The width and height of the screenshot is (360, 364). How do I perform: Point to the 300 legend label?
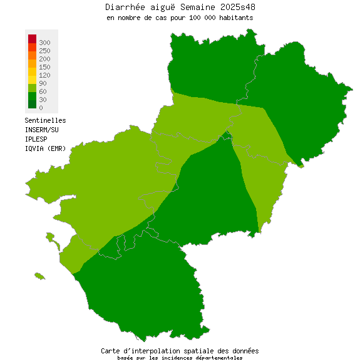click(x=44, y=42)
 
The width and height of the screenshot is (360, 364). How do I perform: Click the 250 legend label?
click(x=44, y=50)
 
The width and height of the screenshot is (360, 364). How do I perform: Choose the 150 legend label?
click(x=44, y=66)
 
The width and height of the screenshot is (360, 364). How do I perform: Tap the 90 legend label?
click(x=43, y=83)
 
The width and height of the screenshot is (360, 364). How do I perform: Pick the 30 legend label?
click(x=43, y=100)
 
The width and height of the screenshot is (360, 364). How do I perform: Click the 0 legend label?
click(x=41, y=108)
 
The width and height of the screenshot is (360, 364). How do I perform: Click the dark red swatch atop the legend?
click(x=32, y=39)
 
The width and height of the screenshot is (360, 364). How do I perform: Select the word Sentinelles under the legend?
click(x=45, y=120)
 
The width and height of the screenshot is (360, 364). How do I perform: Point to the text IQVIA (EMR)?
click(x=45, y=148)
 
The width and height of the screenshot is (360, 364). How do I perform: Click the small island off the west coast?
click(x=40, y=276)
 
